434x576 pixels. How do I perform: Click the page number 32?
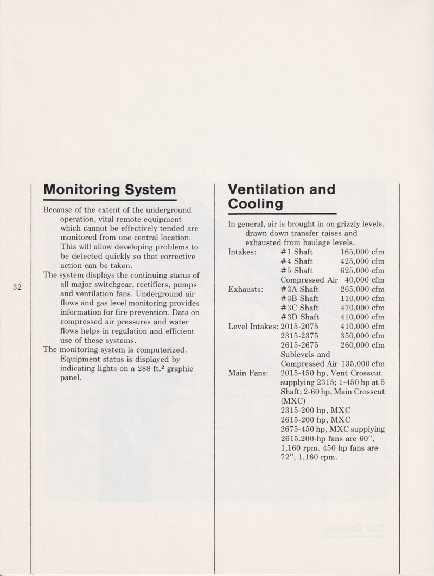point(17,287)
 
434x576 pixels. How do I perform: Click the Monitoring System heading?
point(110,190)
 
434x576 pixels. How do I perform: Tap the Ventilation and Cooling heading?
point(282,196)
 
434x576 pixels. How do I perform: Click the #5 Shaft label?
point(296,271)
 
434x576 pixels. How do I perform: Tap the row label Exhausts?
point(246,289)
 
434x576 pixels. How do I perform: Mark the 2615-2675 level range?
point(299,345)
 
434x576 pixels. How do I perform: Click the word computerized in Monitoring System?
point(161,349)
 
